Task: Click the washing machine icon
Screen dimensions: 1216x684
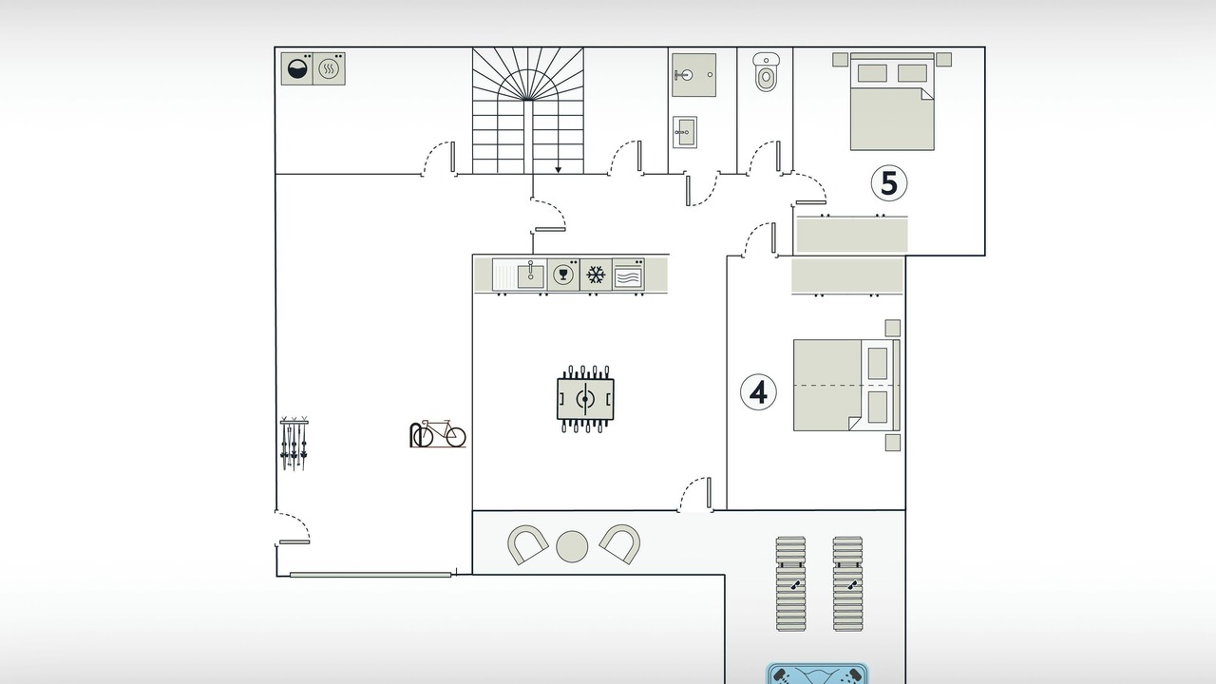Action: point(297,69)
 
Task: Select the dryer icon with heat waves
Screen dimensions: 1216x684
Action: point(329,69)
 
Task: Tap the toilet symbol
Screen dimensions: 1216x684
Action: point(766,71)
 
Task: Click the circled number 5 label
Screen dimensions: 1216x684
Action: point(888,183)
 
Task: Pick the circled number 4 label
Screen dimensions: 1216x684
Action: point(758,392)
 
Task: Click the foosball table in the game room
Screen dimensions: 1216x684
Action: point(585,399)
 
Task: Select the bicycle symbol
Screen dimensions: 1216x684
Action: point(438,433)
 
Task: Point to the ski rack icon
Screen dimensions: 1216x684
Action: point(294,443)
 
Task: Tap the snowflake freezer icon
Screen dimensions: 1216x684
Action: point(596,275)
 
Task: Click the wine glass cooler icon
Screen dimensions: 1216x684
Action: point(563,275)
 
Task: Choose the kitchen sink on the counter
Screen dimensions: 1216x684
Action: point(530,275)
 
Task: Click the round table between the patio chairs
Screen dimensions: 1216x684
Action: point(572,546)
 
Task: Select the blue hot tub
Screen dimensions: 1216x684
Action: point(817,674)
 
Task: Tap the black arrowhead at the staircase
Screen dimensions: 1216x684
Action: point(558,170)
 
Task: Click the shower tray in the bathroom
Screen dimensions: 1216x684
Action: point(693,75)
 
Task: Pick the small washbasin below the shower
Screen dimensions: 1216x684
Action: point(685,132)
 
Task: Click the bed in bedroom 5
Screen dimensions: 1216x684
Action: point(892,102)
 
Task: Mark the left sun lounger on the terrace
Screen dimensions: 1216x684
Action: point(791,584)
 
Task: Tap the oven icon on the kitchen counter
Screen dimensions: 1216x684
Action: point(628,275)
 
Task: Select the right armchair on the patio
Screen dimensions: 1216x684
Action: point(620,543)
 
